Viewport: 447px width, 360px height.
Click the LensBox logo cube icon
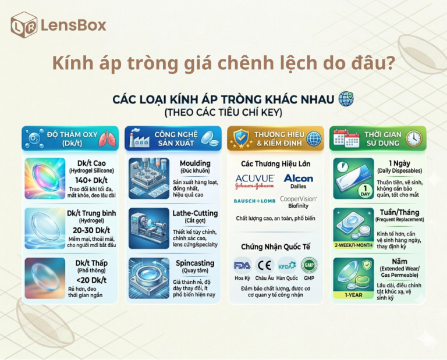click(23, 25)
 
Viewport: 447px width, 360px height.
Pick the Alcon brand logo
click(299, 180)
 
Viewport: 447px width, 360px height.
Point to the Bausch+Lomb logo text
click(254, 201)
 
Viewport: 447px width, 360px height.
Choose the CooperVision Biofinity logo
click(299, 201)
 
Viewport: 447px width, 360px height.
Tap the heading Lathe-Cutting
click(195, 213)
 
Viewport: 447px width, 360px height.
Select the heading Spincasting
click(195, 263)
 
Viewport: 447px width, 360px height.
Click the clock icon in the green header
click(414, 138)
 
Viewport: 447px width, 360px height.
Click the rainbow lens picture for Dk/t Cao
click(45, 177)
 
